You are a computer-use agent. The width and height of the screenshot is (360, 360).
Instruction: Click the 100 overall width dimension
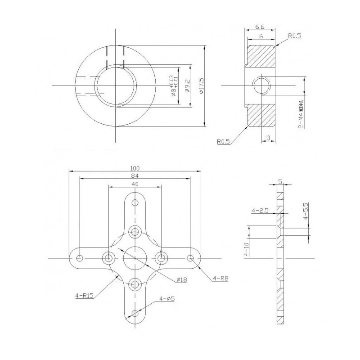135,167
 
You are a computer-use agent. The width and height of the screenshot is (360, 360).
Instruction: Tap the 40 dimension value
135,184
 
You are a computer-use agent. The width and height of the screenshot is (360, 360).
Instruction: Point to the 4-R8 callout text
220,278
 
